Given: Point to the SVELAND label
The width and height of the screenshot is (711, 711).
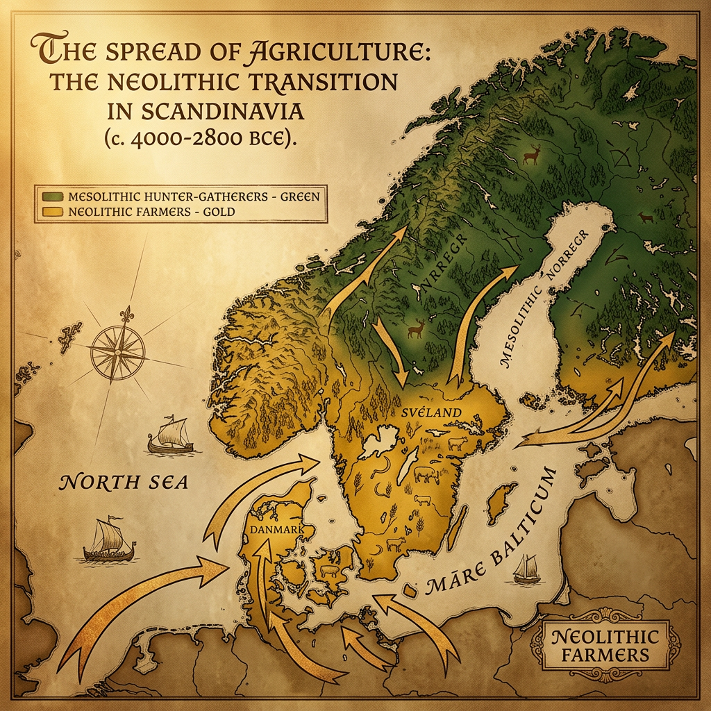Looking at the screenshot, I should point(431,412).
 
